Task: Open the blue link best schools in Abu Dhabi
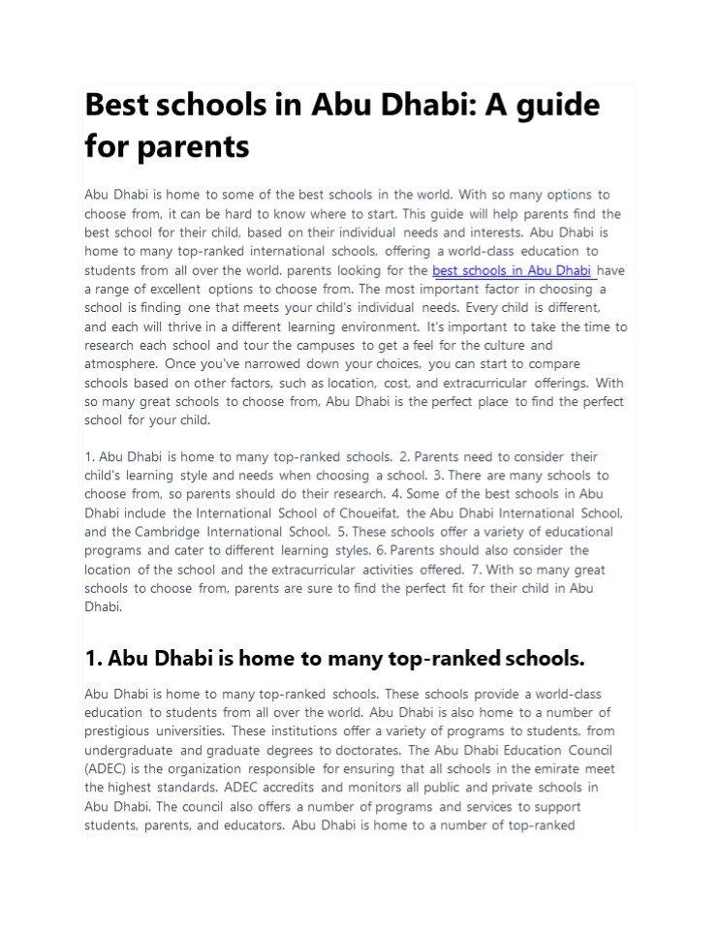512,270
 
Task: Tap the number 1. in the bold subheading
94,660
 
